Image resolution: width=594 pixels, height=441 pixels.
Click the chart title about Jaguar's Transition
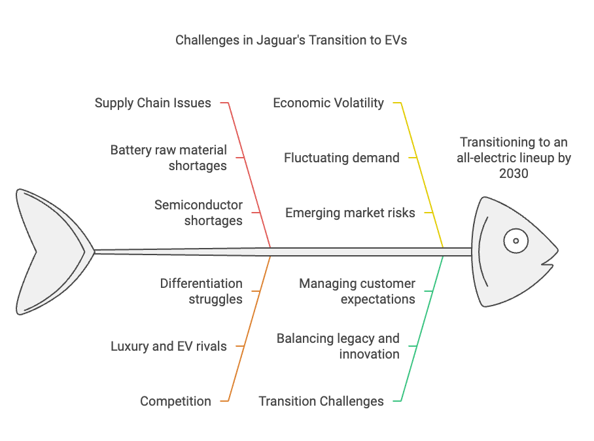pos(291,40)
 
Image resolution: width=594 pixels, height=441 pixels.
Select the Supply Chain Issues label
pos(152,103)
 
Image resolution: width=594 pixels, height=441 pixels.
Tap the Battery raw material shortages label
pos(169,158)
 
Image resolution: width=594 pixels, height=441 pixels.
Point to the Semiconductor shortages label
pos(198,213)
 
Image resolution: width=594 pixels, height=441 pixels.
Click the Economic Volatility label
pos(328,103)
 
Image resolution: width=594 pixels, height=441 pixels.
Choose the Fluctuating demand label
pos(341,158)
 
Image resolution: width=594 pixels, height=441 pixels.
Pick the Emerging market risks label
pos(350,213)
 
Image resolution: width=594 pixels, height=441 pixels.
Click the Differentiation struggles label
pos(201,291)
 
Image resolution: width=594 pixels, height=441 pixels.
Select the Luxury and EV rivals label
pos(169,346)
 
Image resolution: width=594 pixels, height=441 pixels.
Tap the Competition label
pos(175,401)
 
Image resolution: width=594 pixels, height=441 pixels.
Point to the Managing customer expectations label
pos(357,291)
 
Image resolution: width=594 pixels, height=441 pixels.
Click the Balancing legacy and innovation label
pos(338,346)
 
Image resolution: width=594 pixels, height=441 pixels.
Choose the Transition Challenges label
pos(321,401)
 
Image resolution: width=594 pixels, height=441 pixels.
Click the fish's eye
pos(515,241)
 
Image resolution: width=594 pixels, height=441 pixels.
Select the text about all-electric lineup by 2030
pos(514,158)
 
